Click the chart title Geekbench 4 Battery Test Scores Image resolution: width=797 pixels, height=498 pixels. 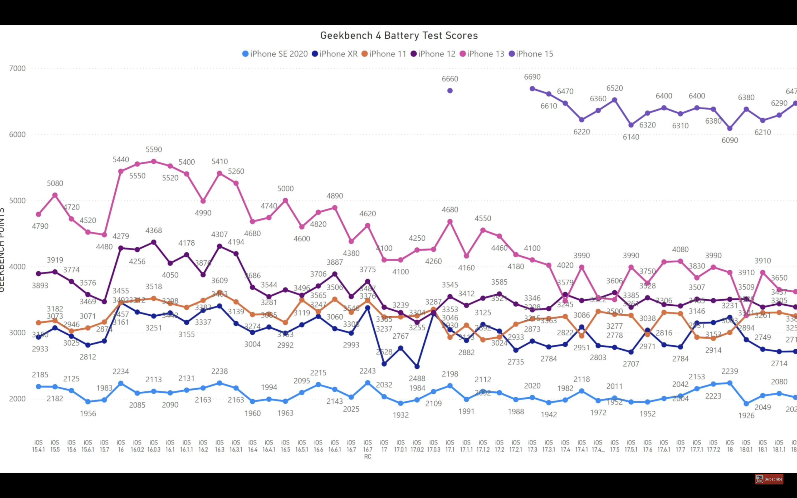point(399,36)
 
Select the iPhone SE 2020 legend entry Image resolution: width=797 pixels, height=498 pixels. point(275,54)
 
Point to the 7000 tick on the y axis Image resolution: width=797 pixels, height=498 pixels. point(17,69)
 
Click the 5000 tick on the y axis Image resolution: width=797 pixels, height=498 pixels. point(17,201)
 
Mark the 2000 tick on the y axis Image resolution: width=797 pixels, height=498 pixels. point(17,399)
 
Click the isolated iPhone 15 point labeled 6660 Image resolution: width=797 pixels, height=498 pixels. point(450,90)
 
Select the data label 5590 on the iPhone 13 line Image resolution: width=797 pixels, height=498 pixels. point(154,149)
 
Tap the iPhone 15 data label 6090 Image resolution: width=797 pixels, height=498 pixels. point(730,140)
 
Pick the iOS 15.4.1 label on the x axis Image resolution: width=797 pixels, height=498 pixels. point(38,446)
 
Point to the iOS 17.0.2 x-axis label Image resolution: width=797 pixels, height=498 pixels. point(417,446)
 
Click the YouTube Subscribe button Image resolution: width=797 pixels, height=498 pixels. point(769,479)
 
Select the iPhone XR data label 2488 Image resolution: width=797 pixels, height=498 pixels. point(417,378)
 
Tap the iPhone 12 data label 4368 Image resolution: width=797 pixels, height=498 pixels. point(154,230)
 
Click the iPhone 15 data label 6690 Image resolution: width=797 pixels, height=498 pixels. point(532,77)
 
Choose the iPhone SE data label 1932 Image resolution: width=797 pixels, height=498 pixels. point(400,415)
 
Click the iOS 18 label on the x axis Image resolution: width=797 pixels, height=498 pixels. point(730,446)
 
